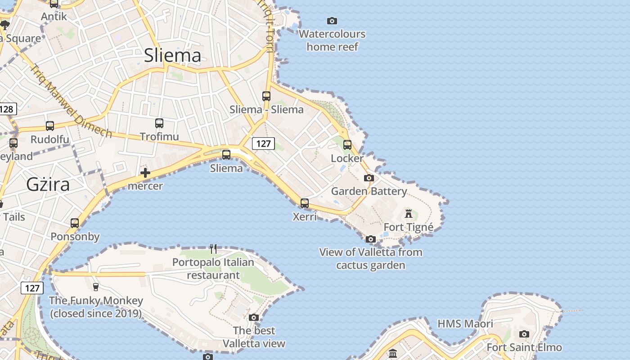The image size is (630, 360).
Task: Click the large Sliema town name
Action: (x=172, y=55)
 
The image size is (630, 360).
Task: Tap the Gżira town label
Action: (x=48, y=184)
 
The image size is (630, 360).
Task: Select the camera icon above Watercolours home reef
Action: (x=332, y=21)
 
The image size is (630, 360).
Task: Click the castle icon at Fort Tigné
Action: (x=409, y=213)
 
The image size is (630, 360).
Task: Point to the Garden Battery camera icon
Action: (x=369, y=178)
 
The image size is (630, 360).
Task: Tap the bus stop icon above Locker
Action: (x=347, y=145)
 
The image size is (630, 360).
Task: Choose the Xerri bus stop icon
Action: (x=305, y=203)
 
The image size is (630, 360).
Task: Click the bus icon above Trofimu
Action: (x=159, y=123)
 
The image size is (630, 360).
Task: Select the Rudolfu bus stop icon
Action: (x=50, y=126)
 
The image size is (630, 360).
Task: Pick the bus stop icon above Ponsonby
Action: (x=75, y=223)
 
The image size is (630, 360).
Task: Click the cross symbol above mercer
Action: (x=145, y=173)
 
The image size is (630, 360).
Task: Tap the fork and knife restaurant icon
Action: (x=213, y=248)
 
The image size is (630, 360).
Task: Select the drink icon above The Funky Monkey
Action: (x=95, y=287)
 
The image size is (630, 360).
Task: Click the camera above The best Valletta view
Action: (x=254, y=317)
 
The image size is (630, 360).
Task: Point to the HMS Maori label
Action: (x=465, y=324)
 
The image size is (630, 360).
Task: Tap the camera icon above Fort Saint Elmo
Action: (x=524, y=334)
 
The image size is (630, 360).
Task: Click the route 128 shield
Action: (x=7, y=109)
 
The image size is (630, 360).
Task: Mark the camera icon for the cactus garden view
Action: (x=370, y=239)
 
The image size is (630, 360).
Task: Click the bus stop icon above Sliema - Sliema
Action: (x=266, y=96)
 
